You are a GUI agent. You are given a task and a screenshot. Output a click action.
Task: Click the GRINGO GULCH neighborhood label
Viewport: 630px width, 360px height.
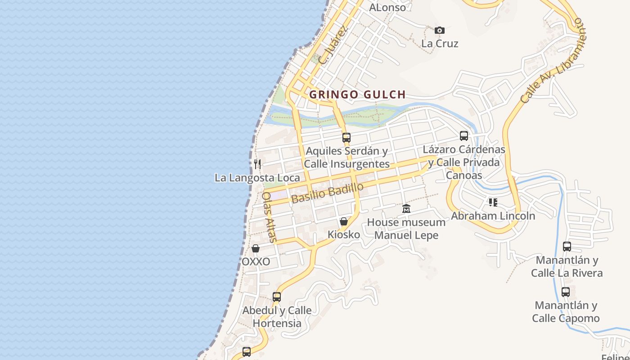pyautogui.click(x=358, y=94)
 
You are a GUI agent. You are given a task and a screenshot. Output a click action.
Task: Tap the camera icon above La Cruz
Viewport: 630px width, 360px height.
pyautogui.click(x=440, y=31)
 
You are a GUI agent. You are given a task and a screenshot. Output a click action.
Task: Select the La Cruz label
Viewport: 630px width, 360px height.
pyautogui.click(x=440, y=44)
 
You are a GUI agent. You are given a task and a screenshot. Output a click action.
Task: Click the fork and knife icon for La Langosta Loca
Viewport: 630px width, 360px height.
pyautogui.click(x=257, y=164)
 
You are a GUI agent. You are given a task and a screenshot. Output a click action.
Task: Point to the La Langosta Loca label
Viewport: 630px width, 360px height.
pyautogui.click(x=257, y=178)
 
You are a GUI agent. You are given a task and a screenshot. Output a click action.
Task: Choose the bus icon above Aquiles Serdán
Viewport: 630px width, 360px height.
pyautogui.click(x=346, y=138)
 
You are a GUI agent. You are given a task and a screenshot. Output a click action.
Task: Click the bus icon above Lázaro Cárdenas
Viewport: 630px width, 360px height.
pyautogui.click(x=464, y=136)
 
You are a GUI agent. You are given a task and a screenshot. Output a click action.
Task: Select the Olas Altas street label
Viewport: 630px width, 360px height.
pyautogui.click(x=269, y=217)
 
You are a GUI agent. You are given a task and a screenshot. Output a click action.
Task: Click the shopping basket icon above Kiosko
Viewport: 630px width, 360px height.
pyautogui.click(x=344, y=221)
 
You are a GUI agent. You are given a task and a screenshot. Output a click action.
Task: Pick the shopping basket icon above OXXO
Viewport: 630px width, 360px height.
pyautogui.click(x=256, y=248)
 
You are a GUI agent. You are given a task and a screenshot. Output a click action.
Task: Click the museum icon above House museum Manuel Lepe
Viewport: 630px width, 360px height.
pyautogui.click(x=406, y=209)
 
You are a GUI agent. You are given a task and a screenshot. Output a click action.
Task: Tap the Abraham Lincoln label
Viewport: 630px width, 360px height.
pyautogui.click(x=493, y=216)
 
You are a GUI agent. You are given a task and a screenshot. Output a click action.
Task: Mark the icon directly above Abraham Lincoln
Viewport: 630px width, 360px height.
pyautogui.click(x=493, y=202)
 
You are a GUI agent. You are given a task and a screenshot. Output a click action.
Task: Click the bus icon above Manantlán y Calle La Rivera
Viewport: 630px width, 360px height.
pyautogui.click(x=567, y=247)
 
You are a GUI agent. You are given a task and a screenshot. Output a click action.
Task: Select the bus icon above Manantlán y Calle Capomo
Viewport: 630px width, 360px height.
pyautogui.click(x=566, y=292)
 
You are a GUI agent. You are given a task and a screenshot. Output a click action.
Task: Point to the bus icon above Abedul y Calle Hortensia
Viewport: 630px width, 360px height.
pyautogui.click(x=277, y=297)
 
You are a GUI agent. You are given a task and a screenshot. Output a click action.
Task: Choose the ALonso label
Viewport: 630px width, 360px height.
pyautogui.click(x=387, y=7)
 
